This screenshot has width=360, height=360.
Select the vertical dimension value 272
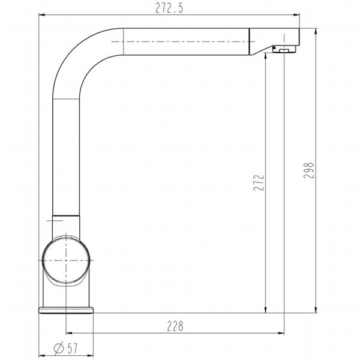[258, 183]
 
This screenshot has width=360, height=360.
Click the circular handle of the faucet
[67, 261]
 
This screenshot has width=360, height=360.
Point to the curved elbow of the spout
[75, 57]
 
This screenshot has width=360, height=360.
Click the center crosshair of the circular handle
[67, 261]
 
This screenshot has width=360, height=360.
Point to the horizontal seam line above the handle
[66, 215]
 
